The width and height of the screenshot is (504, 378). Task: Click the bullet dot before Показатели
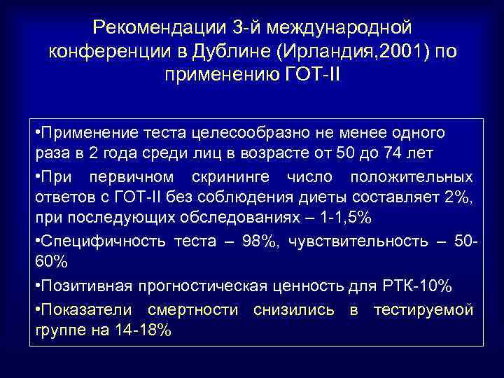click(38, 309)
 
